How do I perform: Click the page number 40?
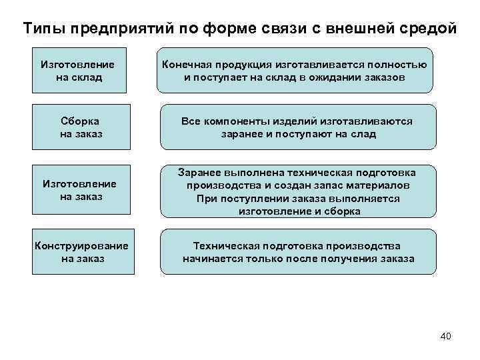click(x=445, y=336)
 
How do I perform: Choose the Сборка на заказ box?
click(x=80, y=127)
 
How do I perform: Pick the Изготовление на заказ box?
click(x=79, y=190)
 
